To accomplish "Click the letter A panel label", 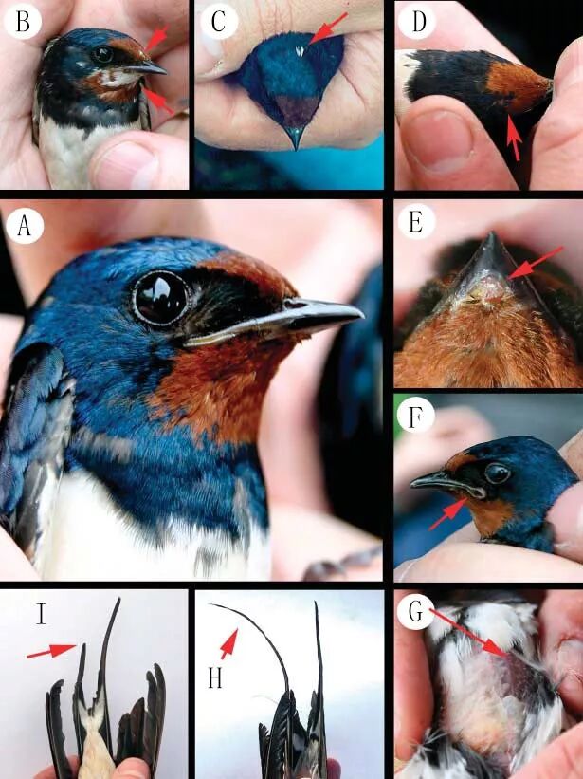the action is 25,226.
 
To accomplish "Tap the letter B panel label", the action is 23,22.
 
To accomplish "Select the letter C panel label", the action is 218,22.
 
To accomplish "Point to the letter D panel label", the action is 418,22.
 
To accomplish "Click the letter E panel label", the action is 416,222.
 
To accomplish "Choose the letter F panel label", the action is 416,418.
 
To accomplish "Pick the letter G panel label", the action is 416,612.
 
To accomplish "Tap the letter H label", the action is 215,677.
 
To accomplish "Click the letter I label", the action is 41,614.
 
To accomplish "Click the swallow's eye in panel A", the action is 161,298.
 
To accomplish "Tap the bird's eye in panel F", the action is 497,473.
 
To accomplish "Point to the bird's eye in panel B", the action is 103,54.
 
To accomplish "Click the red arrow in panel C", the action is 328,28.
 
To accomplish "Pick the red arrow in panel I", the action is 51,651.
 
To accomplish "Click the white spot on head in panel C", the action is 301,50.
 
